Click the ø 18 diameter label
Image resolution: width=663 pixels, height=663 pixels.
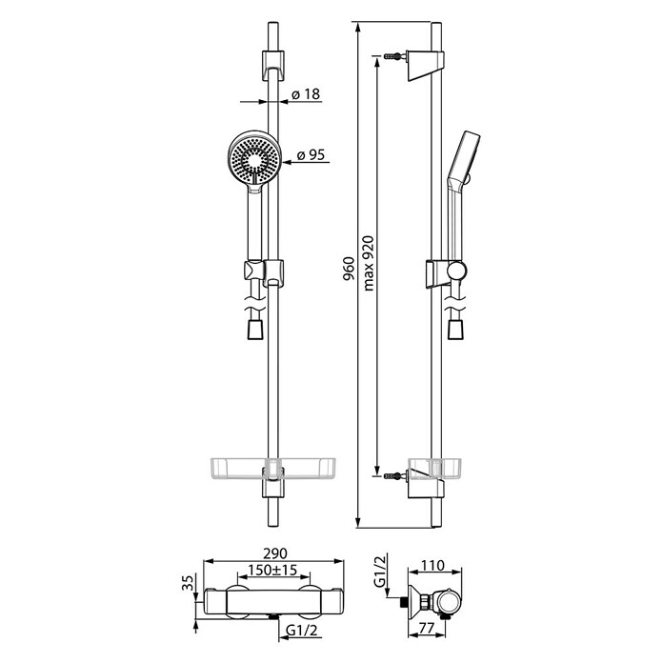pos(306,94)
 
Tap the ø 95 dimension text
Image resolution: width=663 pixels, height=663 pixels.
pos(311,154)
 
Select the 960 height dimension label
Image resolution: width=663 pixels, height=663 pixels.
pos(349,269)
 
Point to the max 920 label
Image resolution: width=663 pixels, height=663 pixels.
pos(369,263)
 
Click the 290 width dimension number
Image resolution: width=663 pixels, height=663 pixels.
pos(275,553)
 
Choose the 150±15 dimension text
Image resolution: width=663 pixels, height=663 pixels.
pos(272,570)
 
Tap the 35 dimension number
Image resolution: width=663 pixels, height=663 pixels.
pos(189,582)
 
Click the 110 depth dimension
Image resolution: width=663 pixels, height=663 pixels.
pos(432,565)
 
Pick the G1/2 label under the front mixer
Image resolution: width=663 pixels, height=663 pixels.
pos(301,631)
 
